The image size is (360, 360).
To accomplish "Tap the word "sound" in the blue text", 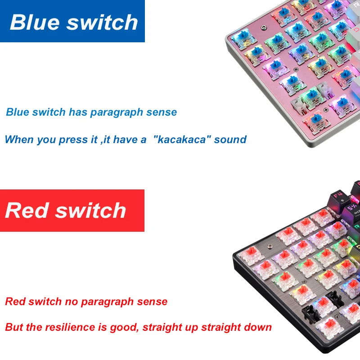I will [230, 139].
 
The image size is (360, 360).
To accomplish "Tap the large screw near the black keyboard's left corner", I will [269, 247].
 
